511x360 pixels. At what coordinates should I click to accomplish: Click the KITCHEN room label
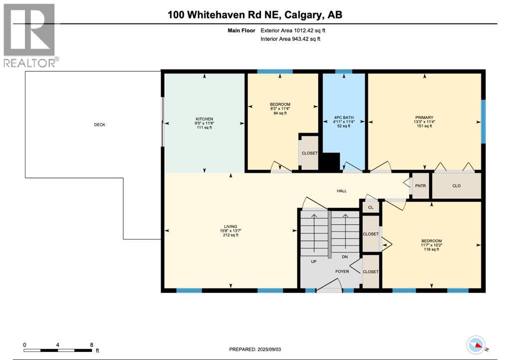pyautogui.click(x=204, y=119)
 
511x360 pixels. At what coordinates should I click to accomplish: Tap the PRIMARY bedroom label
pyautogui.click(x=425, y=118)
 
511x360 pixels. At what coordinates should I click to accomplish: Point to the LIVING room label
pyautogui.click(x=230, y=226)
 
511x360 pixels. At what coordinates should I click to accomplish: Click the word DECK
pyautogui.click(x=99, y=125)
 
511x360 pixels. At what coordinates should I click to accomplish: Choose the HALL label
pyautogui.click(x=341, y=190)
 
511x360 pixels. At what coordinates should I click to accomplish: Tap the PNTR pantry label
pyautogui.click(x=420, y=186)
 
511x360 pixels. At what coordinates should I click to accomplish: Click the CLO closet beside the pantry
pyautogui.click(x=456, y=186)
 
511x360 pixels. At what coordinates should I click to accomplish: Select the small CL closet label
pyautogui.click(x=370, y=206)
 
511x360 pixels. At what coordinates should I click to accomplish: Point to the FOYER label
pyautogui.click(x=342, y=272)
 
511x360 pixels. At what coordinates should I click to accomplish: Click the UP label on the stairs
pyautogui.click(x=313, y=261)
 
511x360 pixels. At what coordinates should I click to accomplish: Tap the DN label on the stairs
pyautogui.click(x=344, y=257)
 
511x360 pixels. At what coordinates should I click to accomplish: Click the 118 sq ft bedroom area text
pyautogui.click(x=431, y=249)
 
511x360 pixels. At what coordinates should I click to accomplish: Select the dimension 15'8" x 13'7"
pyautogui.click(x=230, y=230)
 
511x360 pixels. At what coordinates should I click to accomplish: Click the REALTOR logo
pyautogui.click(x=30, y=35)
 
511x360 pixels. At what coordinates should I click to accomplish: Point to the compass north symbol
pyautogui.click(x=477, y=345)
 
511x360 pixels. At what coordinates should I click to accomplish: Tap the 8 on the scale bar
pyautogui.click(x=91, y=345)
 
